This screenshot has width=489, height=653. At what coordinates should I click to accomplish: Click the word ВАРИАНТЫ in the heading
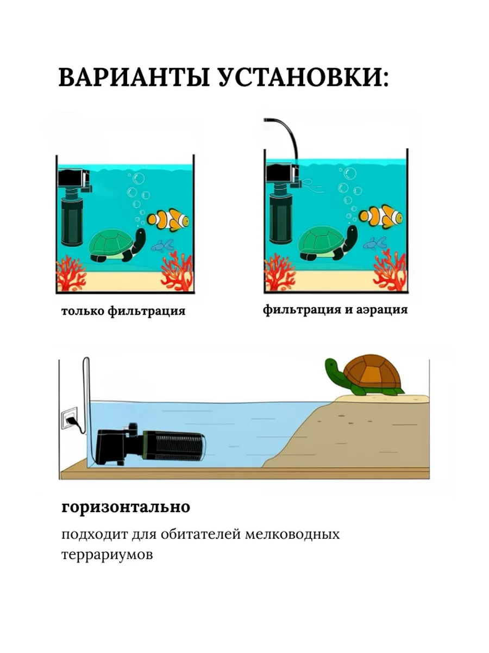click(134, 78)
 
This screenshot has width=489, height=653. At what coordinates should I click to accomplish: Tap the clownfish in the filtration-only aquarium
click(168, 220)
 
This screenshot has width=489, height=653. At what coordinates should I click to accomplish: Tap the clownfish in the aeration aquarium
click(381, 217)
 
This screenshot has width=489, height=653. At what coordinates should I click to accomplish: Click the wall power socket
click(70, 418)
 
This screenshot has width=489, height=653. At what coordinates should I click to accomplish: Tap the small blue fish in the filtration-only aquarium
click(162, 245)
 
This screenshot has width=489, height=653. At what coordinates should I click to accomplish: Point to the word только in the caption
click(83, 311)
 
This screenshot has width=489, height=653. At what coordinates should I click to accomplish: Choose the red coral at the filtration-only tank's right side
click(177, 272)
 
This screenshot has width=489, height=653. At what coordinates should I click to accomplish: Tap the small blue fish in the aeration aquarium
click(375, 243)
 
